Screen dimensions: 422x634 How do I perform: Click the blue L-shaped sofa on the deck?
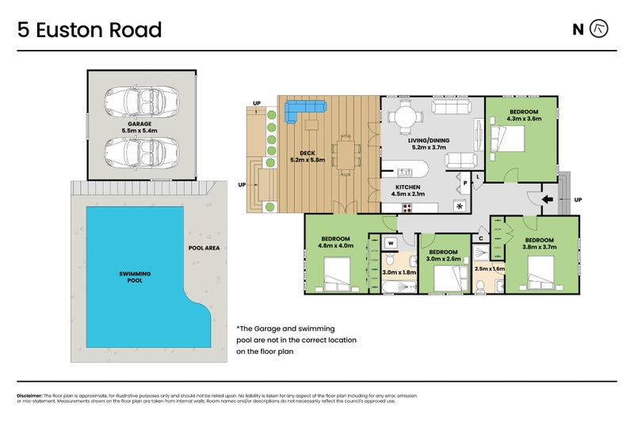tap(300, 110)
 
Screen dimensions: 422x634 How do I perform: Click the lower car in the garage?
tap(139, 150)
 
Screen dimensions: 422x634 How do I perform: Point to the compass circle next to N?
tap(601, 29)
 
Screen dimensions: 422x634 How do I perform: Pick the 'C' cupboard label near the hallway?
tap(481, 238)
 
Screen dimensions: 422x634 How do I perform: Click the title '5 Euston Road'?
tap(89, 30)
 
